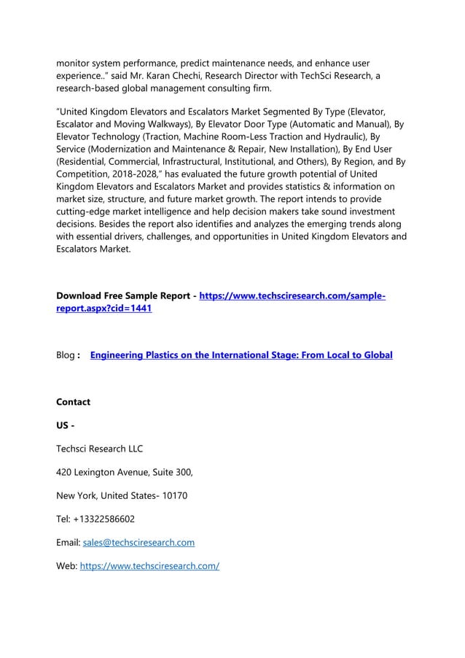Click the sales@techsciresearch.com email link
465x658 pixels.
[x=138, y=543]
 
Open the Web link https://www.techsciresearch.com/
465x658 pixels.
[x=149, y=566]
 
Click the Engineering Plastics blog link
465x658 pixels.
[x=241, y=355]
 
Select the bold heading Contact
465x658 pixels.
[x=74, y=402]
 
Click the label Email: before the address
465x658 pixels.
[x=69, y=543]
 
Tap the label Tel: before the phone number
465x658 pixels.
[x=64, y=519]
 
